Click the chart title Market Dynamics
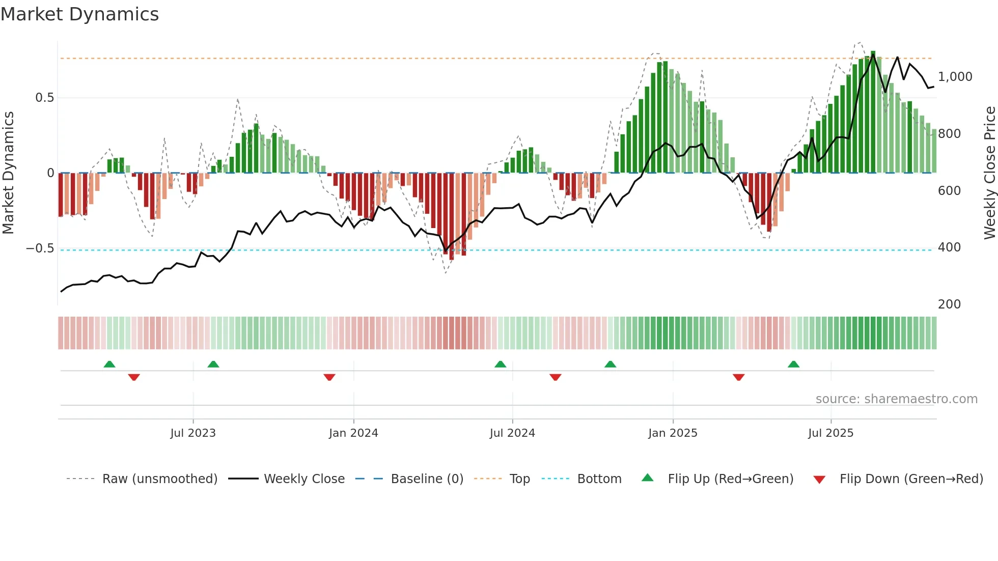tap(79, 14)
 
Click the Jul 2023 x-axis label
tap(193, 433)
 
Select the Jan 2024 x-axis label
tap(353, 433)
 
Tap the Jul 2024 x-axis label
tap(512, 433)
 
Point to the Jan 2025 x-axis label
tap(673, 433)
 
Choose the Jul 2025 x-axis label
tap(830, 433)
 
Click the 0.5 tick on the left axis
tap(44, 98)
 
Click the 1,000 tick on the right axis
tap(955, 77)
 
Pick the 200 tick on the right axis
tap(949, 304)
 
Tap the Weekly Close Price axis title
tap(989, 173)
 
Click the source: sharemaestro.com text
tap(896, 399)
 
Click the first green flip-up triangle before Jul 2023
tap(109, 364)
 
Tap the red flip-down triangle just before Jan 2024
tap(329, 377)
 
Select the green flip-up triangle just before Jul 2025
tap(793, 364)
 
